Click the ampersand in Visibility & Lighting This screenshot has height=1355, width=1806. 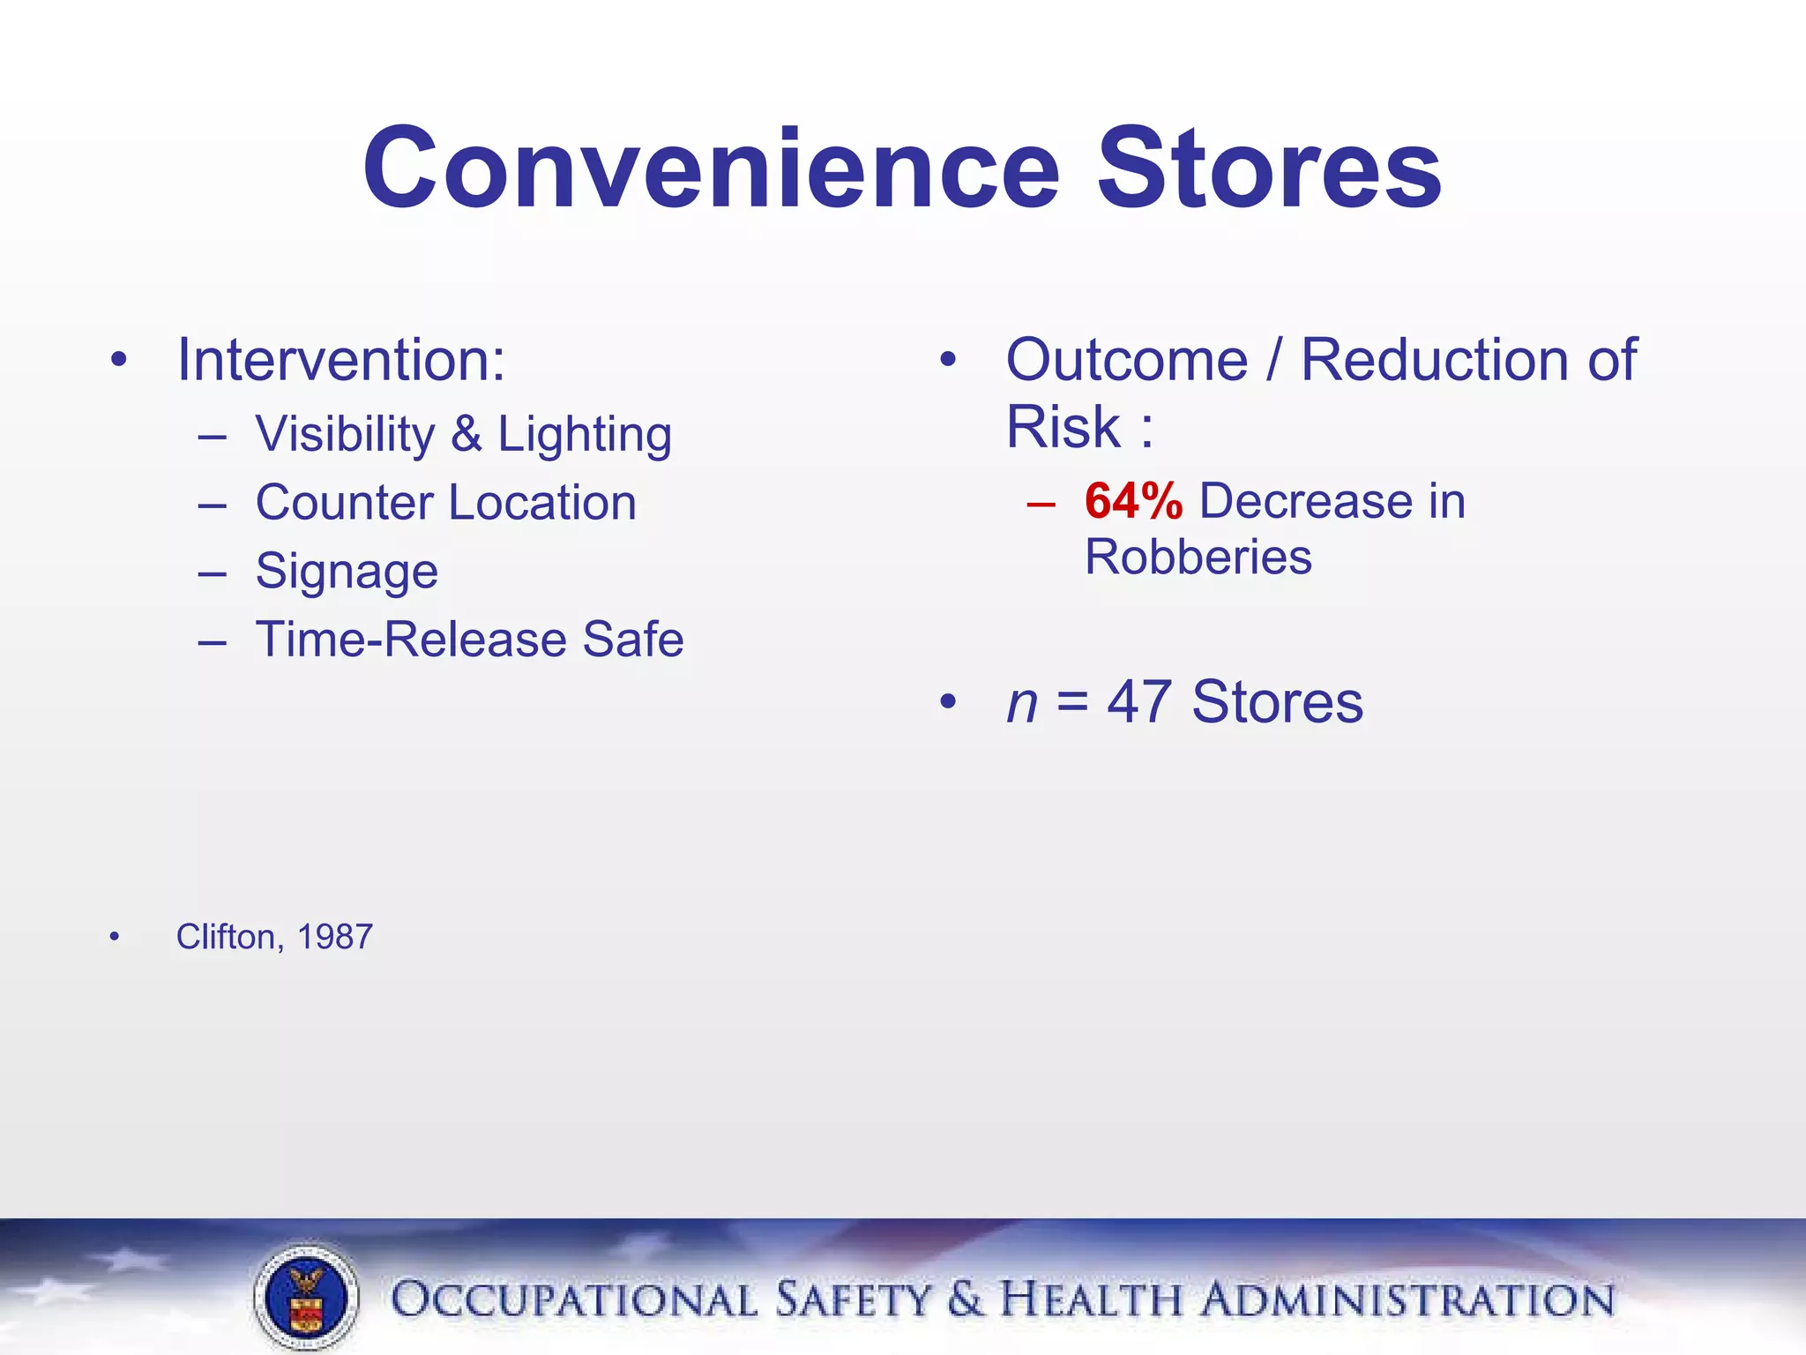(466, 434)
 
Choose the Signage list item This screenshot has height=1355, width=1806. (347, 572)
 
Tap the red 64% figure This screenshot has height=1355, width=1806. (1133, 501)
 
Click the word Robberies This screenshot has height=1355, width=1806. (1198, 558)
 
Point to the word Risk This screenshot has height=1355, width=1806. (1063, 427)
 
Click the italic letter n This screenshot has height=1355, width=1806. (1021, 703)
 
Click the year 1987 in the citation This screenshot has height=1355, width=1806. (335, 937)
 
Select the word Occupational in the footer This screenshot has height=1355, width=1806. (573, 1300)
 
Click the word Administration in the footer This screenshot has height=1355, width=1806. (1407, 1300)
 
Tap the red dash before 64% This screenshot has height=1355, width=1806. (1041, 504)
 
